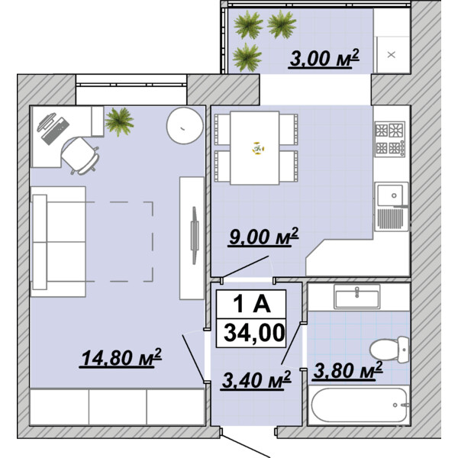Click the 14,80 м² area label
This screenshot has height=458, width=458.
point(121,357)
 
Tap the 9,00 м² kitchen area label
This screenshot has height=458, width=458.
point(263,237)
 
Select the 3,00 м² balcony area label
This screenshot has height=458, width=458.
point(324,58)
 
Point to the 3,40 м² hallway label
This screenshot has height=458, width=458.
point(256,380)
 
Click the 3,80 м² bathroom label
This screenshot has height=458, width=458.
point(347,371)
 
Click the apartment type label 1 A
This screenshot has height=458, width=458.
point(252,304)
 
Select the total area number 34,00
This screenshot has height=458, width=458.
point(254,333)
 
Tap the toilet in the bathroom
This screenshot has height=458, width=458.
point(389,350)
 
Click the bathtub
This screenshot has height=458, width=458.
point(359,405)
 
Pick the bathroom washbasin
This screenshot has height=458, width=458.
point(357,296)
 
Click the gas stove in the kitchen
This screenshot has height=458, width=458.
point(390,139)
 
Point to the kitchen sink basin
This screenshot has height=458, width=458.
point(389,195)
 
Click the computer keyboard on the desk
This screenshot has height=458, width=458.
point(56,131)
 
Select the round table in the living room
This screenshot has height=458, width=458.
point(185,126)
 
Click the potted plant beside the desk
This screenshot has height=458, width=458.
point(119,121)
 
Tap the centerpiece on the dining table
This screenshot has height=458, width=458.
point(258,148)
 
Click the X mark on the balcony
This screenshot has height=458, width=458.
point(391,55)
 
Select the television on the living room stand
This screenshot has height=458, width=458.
point(194,235)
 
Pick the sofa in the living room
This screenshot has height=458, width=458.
point(58,241)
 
